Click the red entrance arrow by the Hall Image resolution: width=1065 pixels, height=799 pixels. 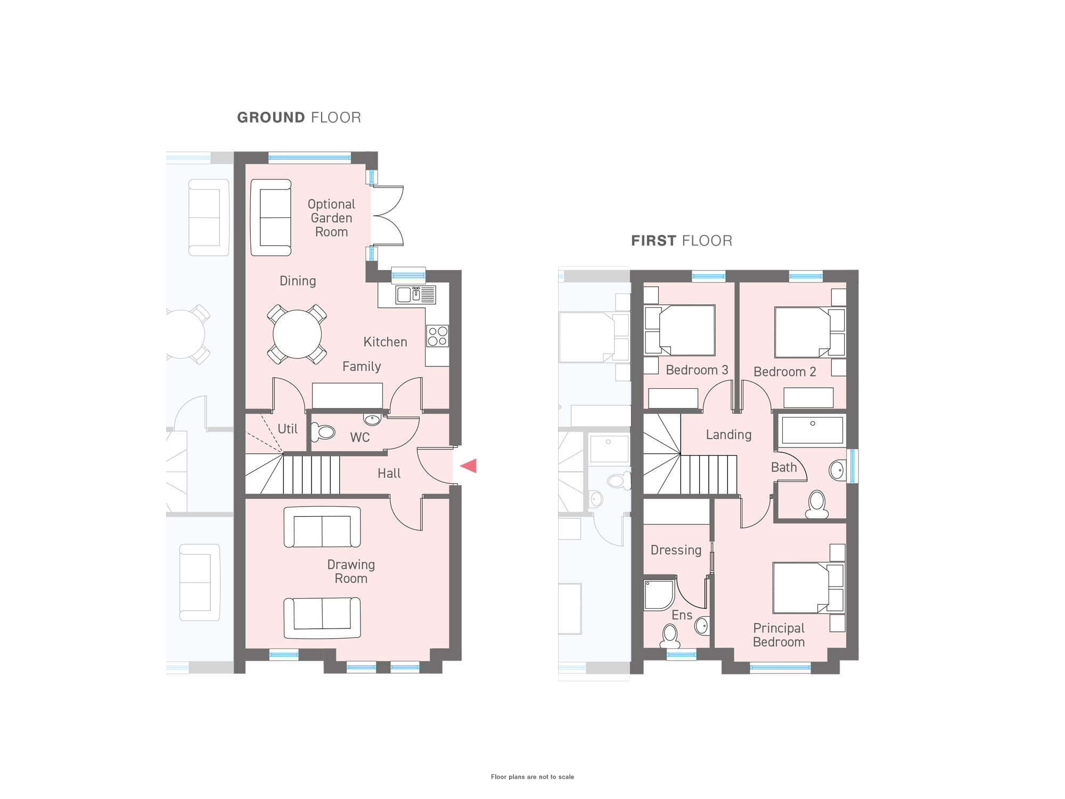point(469,466)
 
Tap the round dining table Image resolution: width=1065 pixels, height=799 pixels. point(297,335)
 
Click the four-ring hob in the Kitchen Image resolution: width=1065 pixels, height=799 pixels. point(437,336)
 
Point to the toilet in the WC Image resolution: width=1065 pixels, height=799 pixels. point(323,432)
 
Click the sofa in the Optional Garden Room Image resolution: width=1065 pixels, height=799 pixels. point(271,217)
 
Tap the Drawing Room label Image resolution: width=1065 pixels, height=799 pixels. point(351,572)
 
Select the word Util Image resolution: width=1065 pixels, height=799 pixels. point(288,429)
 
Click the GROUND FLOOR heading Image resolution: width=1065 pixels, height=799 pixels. point(299,118)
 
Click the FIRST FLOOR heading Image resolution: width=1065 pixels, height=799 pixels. point(682,241)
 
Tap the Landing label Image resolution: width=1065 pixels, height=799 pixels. point(728,435)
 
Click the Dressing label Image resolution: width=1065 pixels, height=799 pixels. point(676,550)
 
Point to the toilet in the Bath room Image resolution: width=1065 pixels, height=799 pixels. point(817,504)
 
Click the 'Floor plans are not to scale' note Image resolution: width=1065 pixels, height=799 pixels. point(532,777)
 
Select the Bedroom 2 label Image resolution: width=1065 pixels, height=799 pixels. point(784,372)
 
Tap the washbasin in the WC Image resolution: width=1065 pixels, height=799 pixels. point(372,419)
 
